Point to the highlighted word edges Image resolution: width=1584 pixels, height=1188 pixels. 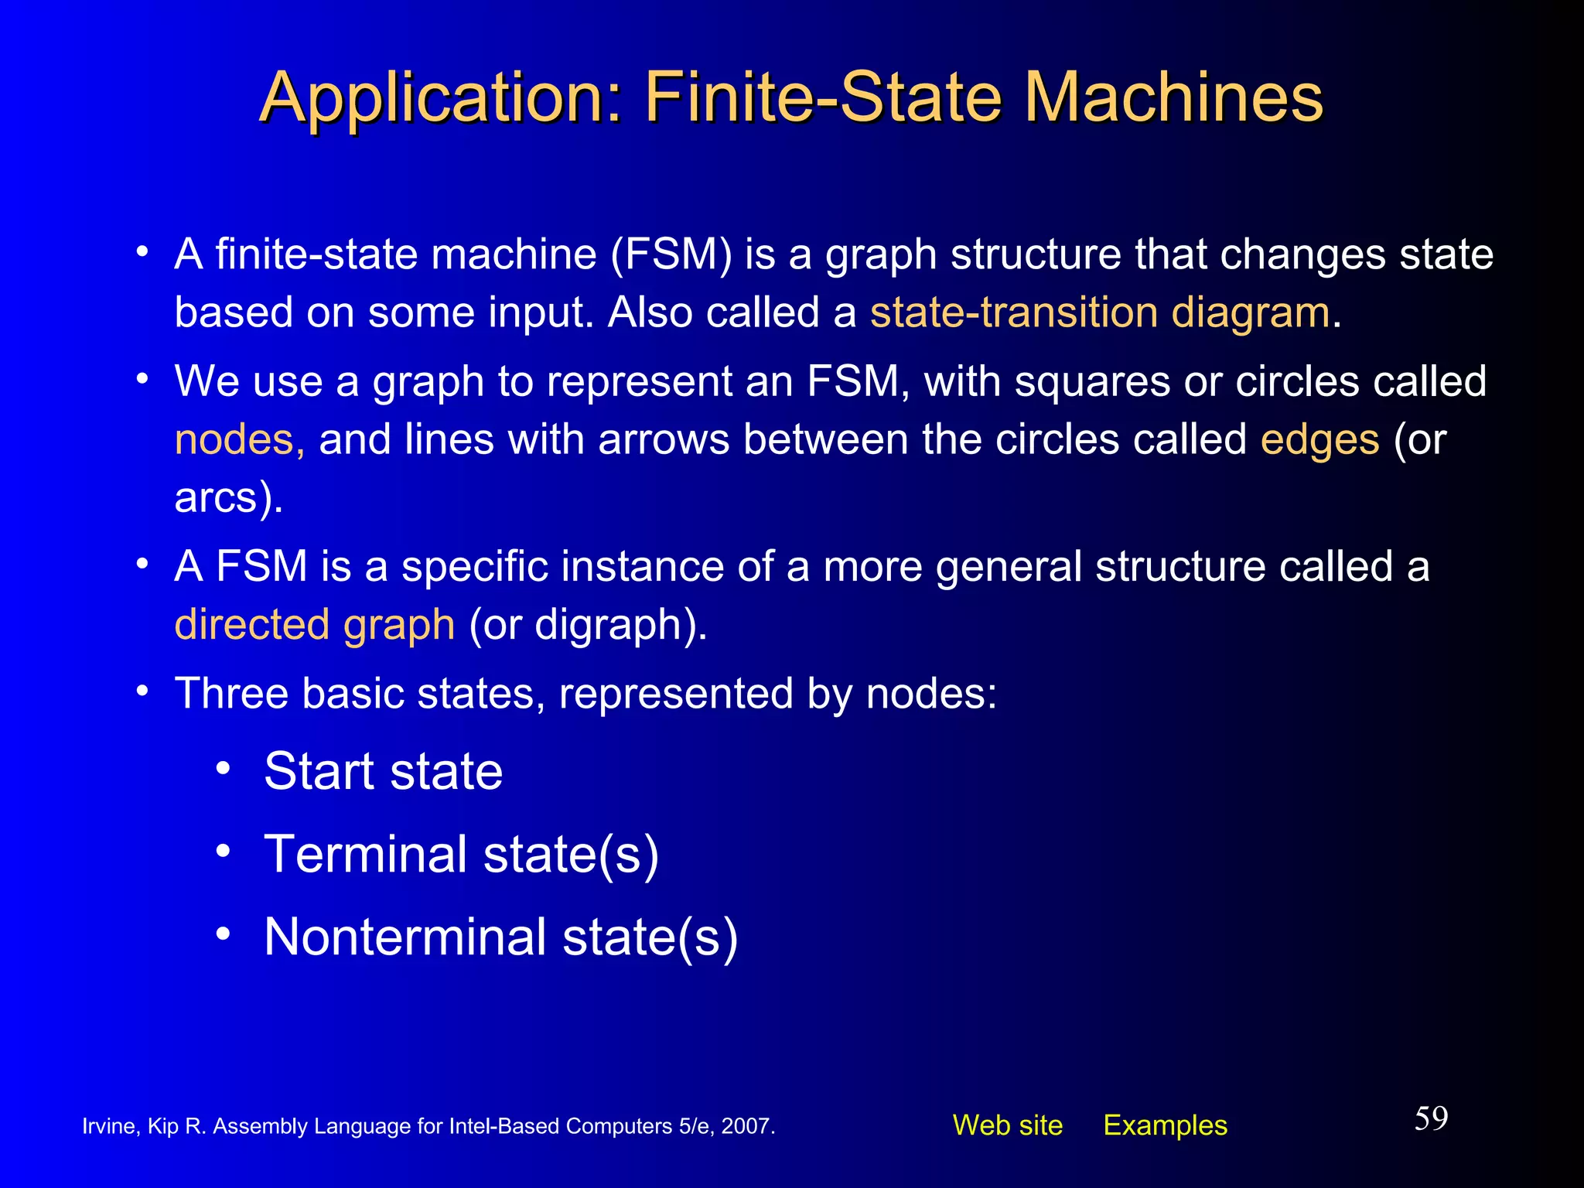click(x=1319, y=440)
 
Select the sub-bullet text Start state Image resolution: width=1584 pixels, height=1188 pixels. click(x=384, y=771)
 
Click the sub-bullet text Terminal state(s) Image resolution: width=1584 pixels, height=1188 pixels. click(x=461, y=855)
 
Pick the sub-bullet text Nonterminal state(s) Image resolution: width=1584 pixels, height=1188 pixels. click(x=500, y=937)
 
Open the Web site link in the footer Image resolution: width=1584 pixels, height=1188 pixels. click(x=1007, y=1125)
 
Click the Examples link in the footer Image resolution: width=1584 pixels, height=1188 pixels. click(x=1165, y=1125)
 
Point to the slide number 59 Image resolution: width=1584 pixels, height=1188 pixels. click(x=1431, y=1118)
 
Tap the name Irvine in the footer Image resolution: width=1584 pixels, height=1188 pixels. click(x=109, y=1126)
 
